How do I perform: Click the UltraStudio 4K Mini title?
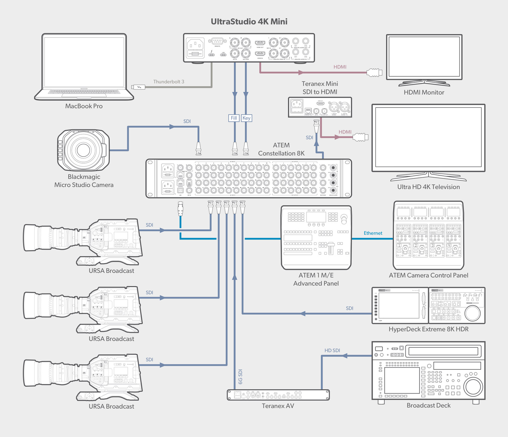pos(249,22)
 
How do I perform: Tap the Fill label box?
pos(234,118)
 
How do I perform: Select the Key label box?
pos(246,118)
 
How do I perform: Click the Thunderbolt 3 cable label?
pos(169,82)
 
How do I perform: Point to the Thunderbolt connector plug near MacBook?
pos(139,87)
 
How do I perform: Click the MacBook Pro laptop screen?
pos(84,62)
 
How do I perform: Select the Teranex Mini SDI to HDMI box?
pos(320,107)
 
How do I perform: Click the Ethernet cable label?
pos(373,233)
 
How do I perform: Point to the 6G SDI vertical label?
pos(240,377)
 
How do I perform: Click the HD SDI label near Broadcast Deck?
pos(332,350)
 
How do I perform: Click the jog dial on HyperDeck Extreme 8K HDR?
pos(472,313)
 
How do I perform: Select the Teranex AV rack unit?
pos(278,395)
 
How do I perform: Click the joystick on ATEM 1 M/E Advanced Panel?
pos(344,218)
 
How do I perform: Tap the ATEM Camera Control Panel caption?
pos(428,275)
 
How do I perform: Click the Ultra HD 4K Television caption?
pos(428,187)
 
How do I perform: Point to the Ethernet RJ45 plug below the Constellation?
pos(180,209)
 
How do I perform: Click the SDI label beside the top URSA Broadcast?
pos(149,225)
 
